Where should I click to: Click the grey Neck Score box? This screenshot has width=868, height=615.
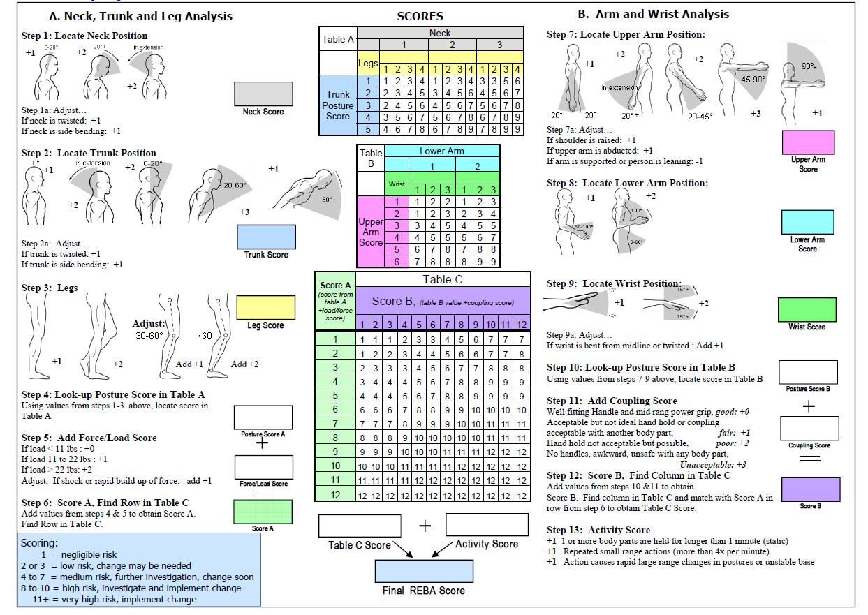(x=263, y=93)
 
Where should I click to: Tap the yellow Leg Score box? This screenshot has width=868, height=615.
(x=265, y=307)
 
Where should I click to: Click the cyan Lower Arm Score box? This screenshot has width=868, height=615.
(x=808, y=222)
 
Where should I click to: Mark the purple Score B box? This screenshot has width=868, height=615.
(x=809, y=489)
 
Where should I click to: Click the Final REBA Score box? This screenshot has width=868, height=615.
(x=414, y=571)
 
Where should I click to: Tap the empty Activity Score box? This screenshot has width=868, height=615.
(x=487, y=525)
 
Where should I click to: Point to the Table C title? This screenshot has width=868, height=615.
(x=442, y=280)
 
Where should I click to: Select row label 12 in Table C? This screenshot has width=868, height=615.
(x=335, y=495)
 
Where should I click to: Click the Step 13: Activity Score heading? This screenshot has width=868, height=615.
(x=598, y=530)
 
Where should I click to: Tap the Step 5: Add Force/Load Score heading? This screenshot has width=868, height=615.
(x=89, y=438)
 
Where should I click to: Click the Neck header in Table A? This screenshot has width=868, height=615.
(x=440, y=33)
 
